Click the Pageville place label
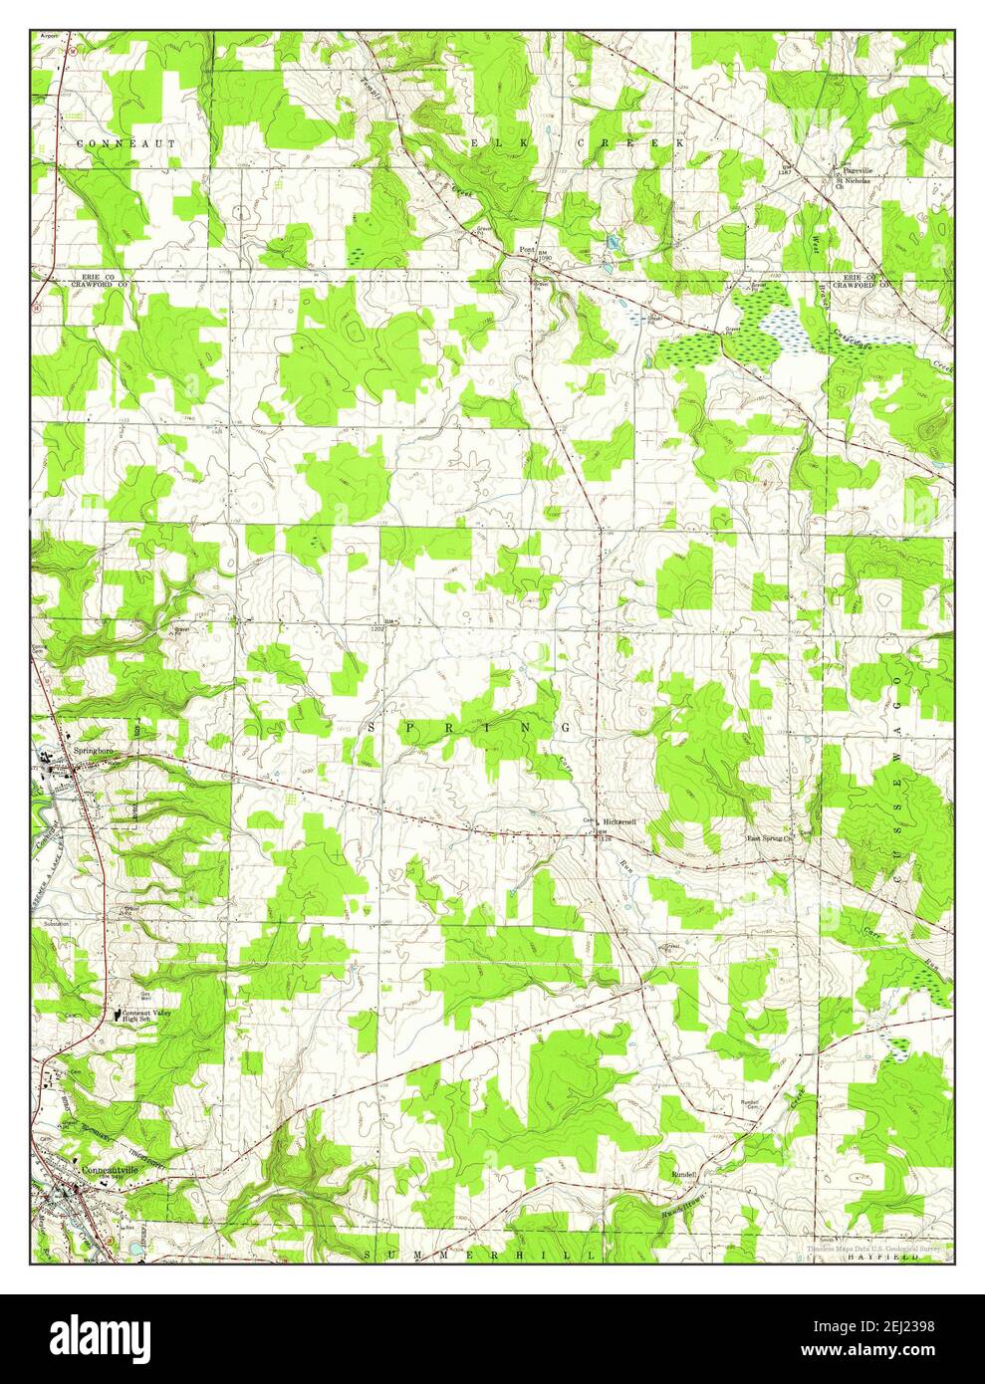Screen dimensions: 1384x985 [x=857, y=170]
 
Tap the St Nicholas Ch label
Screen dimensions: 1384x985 [x=854, y=184]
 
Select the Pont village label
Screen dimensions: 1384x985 [x=525, y=249]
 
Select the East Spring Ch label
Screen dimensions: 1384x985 [x=775, y=839]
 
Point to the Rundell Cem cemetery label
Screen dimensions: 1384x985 [x=750, y=1104]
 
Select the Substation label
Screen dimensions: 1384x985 [x=56, y=923]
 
